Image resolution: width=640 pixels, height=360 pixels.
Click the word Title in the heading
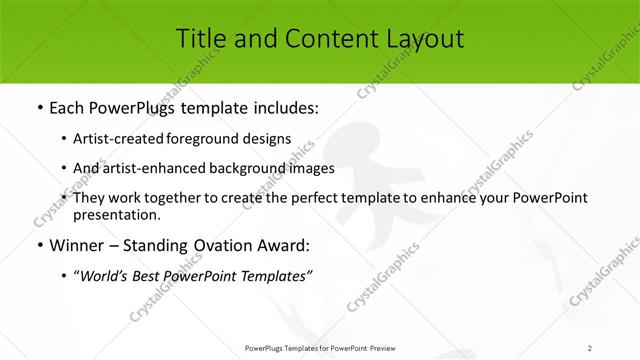[199, 39]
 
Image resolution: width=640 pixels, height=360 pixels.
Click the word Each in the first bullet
[65, 106]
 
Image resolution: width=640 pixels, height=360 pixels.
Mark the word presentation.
[115, 215]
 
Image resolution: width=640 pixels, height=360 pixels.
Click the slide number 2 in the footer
[590, 348]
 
